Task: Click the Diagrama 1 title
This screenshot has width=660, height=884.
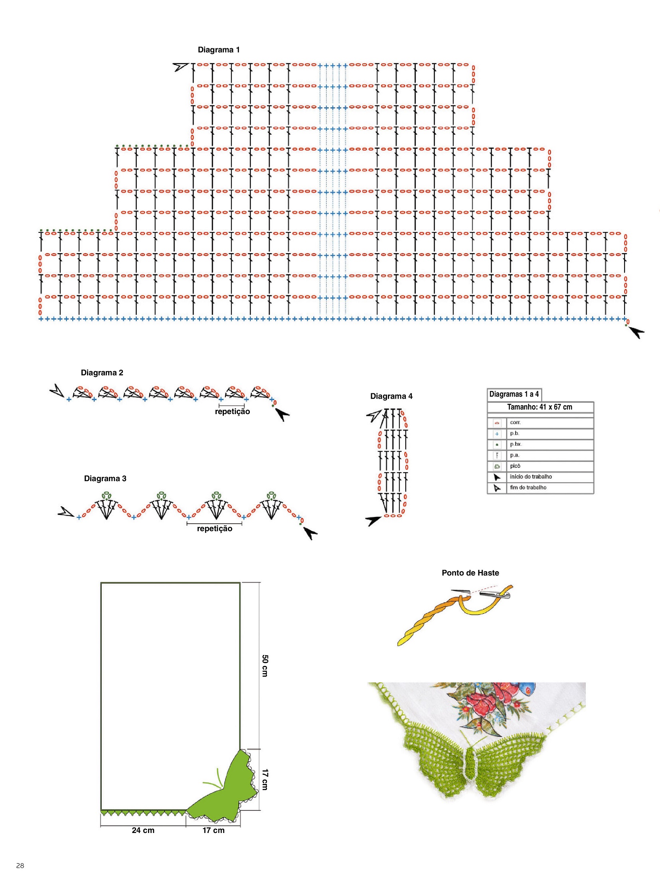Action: [219, 50]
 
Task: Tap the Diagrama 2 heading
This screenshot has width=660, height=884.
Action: [102, 372]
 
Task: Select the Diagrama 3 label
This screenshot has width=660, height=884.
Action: [105, 478]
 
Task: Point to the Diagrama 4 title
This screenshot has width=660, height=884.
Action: [391, 396]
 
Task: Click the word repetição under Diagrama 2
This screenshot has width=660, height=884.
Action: [232, 411]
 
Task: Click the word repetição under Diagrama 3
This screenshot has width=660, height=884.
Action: [215, 528]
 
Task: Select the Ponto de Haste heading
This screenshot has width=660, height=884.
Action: [470, 573]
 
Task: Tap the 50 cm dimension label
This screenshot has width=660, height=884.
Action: [265, 665]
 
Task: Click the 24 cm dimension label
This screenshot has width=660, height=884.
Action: [143, 830]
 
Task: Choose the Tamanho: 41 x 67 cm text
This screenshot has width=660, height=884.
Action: [539, 407]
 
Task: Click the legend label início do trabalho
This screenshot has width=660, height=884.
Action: [531, 477]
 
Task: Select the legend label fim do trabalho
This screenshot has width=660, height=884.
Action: [528, 487]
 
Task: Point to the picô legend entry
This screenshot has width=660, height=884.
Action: [515, 466]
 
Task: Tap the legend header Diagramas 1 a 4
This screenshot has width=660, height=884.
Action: [514, 394]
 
